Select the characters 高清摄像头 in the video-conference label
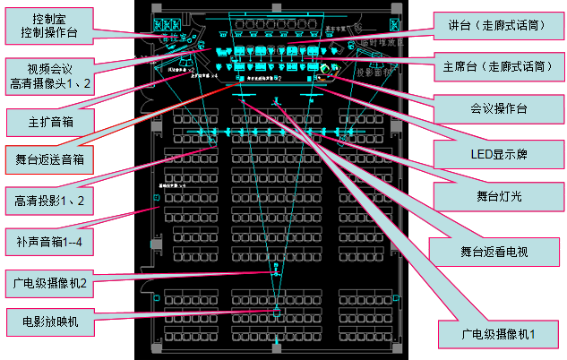[x=53, y=83]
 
